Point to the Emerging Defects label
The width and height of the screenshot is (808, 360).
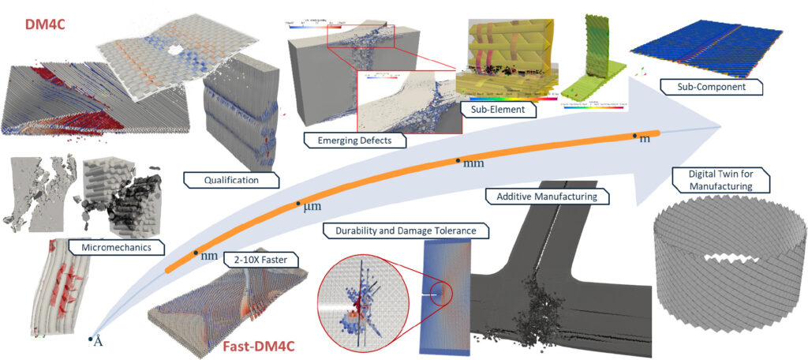pos(350,140)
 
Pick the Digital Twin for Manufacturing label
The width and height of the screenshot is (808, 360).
pos(713,179)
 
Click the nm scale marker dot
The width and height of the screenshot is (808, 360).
pos(196,253)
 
